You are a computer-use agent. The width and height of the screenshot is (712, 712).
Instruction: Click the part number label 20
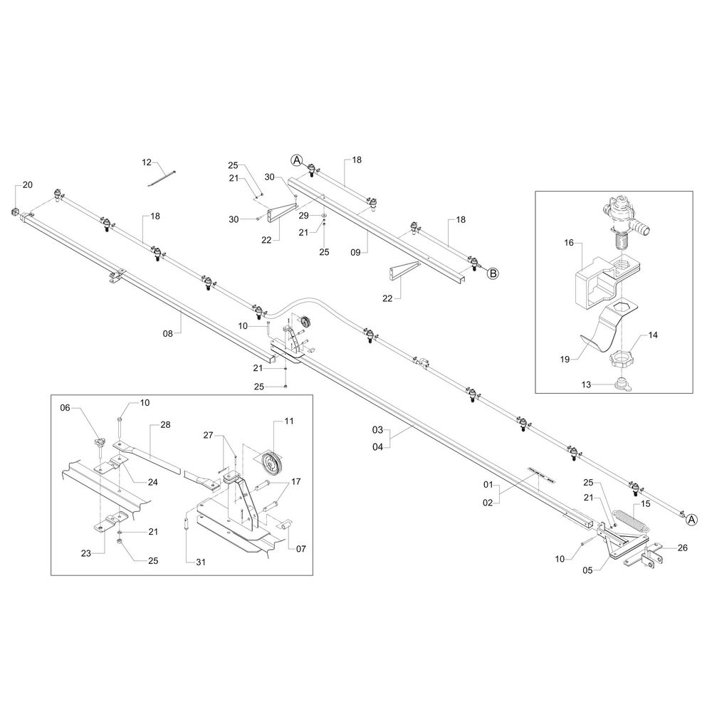[x=28, y=185]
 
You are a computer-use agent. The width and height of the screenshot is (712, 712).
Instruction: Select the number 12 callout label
[x=147, y=163]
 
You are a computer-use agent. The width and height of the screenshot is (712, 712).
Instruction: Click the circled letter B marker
[x=492, y=272]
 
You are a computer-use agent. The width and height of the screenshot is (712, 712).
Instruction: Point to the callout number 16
[x=569, y=243]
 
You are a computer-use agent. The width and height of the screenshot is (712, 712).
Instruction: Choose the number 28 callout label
[x=165, y=424]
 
